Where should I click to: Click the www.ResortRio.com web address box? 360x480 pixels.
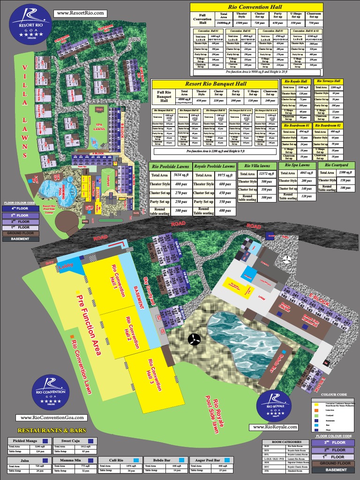click(80, 14)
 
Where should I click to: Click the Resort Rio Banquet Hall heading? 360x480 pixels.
click(215, 84)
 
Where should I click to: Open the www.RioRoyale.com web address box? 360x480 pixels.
click(275, 427)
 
